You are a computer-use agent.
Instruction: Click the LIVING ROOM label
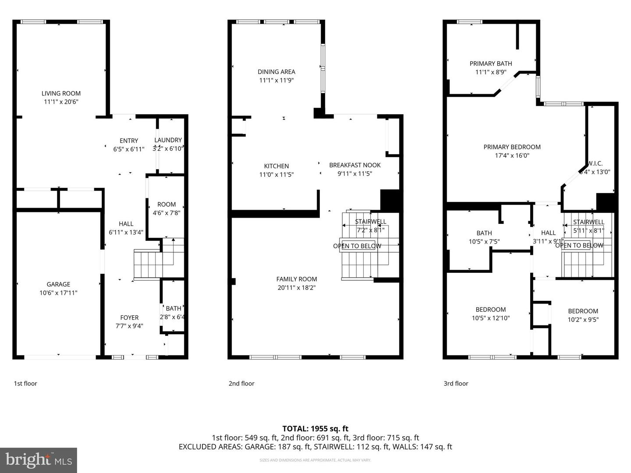pyautogui.click(x=61, y=93)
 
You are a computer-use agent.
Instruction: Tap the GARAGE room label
pyautogui.click(x=58, y=284)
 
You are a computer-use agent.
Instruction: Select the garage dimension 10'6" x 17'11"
pyautogui.click(x=58, y=293)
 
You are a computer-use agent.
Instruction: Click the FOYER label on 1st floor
pyautogui.click(x=129, y=318)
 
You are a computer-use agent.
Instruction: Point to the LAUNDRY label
pyautogui.click(x=168, y=140)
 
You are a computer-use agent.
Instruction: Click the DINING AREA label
pyautogui.click(x=276, y=72)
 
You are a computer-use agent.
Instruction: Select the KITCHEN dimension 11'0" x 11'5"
pyautogui.click(x=276, y=174)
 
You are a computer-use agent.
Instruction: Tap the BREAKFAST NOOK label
pyautogui.click(x=354, y=165)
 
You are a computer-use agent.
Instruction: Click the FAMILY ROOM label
pyautogui.click(x=296, y=279)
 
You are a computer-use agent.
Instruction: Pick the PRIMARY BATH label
pyautogui.click(x=490, y=64)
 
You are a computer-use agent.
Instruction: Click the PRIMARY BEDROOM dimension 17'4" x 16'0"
pyautogui.click(x=512, y=155)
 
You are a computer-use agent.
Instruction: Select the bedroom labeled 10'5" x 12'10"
pyautogui.click(x=490, y=314)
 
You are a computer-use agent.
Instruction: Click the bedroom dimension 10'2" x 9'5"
pyautogui.click(x=583, y=320)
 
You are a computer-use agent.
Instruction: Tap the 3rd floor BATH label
pyautogui.click(x=484, y=233)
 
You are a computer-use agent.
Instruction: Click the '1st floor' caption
pyautogui.click(x=25, y=383)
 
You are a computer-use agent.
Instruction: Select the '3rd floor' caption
pyautogui.click(x=456, y=383)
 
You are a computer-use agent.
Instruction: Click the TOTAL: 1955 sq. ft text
pyautogui.click(x=315, y=429)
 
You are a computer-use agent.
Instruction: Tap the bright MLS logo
pyautogui.click(x=39, y=460)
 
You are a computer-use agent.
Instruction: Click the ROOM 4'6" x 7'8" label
pyautogui.click(x=166, y=205)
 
